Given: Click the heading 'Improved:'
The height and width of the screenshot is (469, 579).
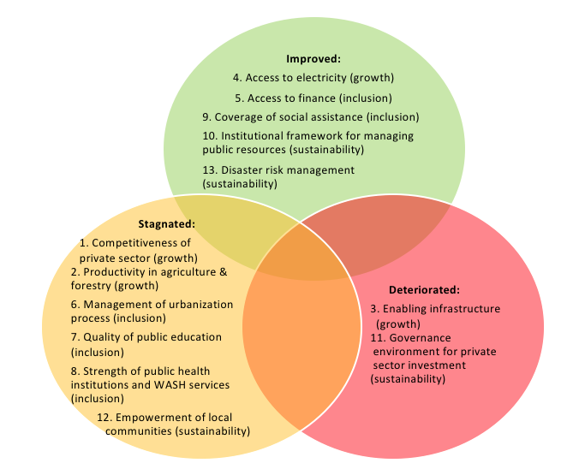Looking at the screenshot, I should (313, 59).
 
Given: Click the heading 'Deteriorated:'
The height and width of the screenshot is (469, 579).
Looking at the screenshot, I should (424, 289).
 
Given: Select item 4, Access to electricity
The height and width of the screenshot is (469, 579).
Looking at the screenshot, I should (313, 78).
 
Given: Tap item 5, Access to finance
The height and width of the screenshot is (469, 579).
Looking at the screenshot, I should (313, 98).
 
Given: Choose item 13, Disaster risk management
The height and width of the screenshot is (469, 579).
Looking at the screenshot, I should (278, 169).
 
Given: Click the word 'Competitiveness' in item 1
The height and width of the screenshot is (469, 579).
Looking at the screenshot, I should (141, 243).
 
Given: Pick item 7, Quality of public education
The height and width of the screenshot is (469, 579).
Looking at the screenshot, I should (146, 337).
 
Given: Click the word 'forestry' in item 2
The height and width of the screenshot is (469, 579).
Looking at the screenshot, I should (96, 285).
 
